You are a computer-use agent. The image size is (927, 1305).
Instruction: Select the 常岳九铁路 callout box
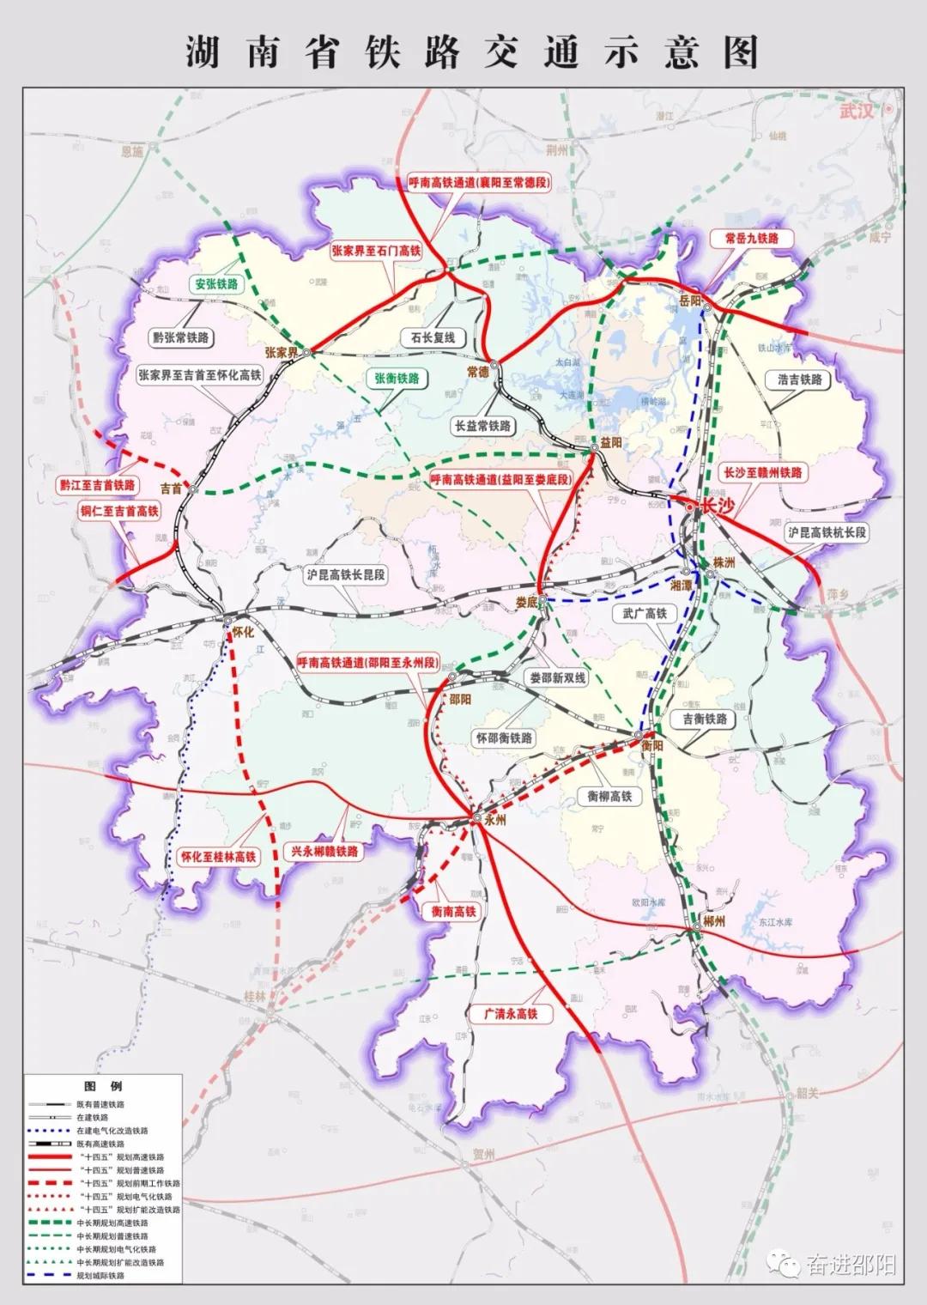coord(751,238)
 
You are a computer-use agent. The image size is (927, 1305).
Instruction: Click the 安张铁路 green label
coord(216,284)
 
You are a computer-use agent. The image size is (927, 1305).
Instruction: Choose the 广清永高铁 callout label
coord(511,1014)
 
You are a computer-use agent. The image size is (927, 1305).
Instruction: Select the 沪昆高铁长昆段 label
coord(346,574)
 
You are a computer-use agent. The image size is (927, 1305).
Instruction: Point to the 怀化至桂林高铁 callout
coord(217,856)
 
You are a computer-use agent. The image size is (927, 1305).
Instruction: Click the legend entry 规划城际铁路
coord(100,1276)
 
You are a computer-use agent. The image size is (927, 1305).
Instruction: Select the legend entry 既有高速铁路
coord(100,1144)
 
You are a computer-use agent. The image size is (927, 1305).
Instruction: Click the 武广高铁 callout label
coord(644,613)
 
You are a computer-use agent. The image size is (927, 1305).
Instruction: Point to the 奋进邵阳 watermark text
coord(851,1265)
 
